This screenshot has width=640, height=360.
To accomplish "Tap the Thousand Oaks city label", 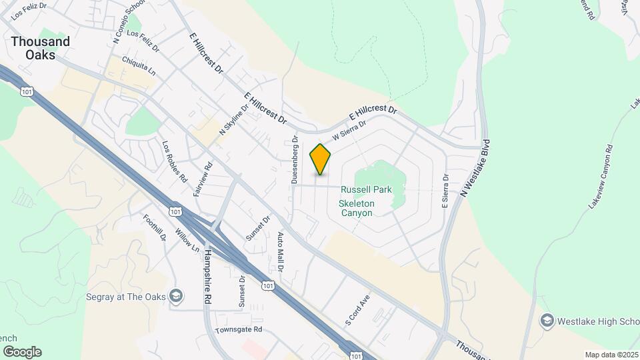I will (40, 48).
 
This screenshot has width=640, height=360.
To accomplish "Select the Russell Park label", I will (365, 190).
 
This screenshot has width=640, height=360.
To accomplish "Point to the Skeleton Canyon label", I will (357, 208).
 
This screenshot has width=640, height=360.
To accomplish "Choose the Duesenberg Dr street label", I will (294, 160).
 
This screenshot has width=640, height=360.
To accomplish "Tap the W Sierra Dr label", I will (349, 130).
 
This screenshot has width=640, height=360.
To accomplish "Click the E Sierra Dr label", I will (446, 190).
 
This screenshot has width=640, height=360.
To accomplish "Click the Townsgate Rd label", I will (239, 330).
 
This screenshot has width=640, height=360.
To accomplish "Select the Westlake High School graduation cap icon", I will (547, 321).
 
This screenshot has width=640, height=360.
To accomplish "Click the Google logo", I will (22, 352).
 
